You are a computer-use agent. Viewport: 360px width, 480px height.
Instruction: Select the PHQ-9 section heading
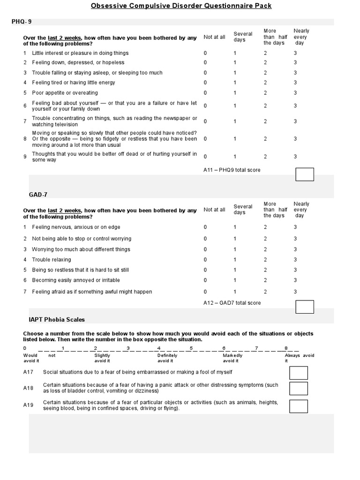(x=22, y=22)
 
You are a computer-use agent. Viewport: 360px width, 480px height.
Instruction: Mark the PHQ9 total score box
(x=304, y=174)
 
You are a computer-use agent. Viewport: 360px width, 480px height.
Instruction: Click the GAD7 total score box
(x=304, y=307)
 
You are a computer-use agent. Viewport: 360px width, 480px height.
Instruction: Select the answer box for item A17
(x=299, y=373)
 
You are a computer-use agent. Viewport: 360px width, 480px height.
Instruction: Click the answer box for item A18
(x=299, y=388)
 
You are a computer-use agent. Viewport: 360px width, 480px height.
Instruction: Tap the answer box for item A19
(x=299, y=406)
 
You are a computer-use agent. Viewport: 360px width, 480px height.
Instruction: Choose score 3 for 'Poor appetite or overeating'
(x=295, y=93)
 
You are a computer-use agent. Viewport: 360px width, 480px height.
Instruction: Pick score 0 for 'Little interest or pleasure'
(x=205, y=53)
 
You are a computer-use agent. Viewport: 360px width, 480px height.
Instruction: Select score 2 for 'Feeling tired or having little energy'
(x=265, y=82)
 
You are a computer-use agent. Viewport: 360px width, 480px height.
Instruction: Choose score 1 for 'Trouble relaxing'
(x=235, y=260)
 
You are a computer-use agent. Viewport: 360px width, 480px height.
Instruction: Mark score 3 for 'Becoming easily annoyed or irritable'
(x=295, y=280)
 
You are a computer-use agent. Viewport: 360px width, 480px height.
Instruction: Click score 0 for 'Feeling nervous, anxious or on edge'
(x=205, y=227)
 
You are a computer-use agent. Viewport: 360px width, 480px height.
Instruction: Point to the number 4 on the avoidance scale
(x=159, y=348)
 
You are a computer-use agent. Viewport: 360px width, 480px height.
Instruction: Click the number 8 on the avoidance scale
(x=285, y=348)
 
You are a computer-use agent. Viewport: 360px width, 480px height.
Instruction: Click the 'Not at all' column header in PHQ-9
(x=214, y=37)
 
